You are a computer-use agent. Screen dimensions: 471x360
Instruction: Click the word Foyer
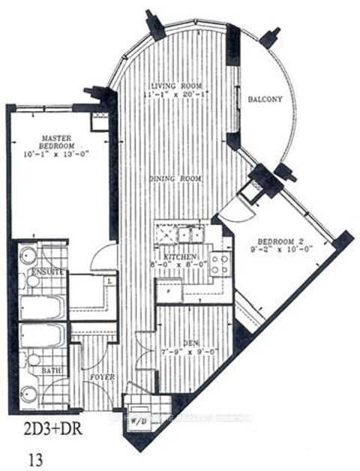click(x=103, y=376)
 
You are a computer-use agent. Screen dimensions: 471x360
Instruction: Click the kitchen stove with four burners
click(x=219, y=263)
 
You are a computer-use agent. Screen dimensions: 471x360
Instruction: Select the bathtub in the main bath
click(x=42, y=335)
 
